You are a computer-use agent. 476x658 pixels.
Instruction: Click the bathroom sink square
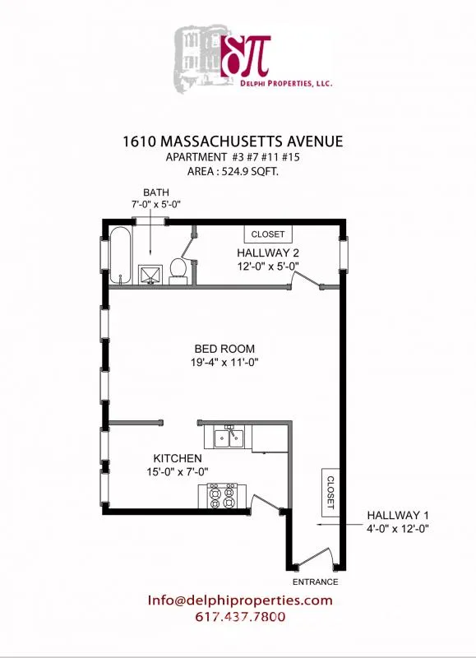click(150, 273)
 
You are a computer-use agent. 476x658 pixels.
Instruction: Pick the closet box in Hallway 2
click(267, 234)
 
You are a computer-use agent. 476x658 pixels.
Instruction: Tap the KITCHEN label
click(178, 458)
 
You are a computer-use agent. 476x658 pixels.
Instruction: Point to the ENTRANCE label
click(316, 582)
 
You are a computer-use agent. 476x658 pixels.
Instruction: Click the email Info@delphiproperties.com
click(240, 600)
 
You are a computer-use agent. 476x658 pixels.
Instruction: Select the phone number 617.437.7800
click(240, 617)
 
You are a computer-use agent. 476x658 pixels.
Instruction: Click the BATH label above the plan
click(156, 193)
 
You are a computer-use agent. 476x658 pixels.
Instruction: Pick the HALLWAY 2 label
click(268, 253)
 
